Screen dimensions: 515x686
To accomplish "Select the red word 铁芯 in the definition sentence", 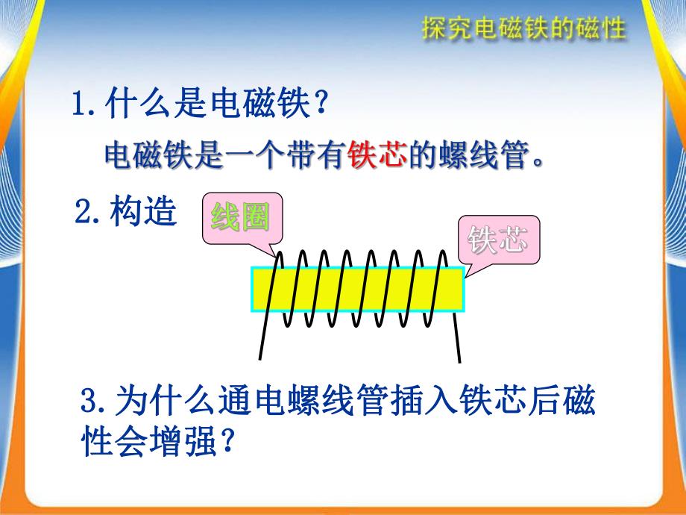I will [376, 156].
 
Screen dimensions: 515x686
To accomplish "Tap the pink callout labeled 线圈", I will [239, 219].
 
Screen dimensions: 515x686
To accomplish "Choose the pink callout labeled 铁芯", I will [497, 241].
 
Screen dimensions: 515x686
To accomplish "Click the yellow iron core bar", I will [358, 289].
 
